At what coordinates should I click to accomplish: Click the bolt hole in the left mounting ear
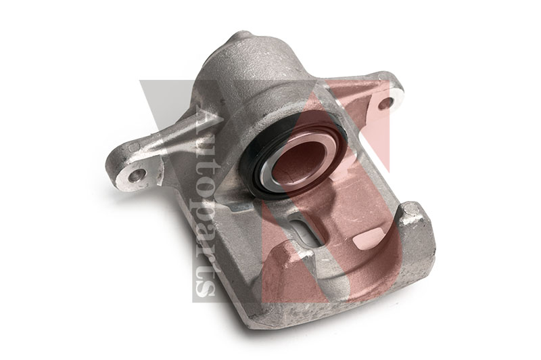tap(137, 175)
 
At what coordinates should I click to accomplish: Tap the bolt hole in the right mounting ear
tap(384, 104)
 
